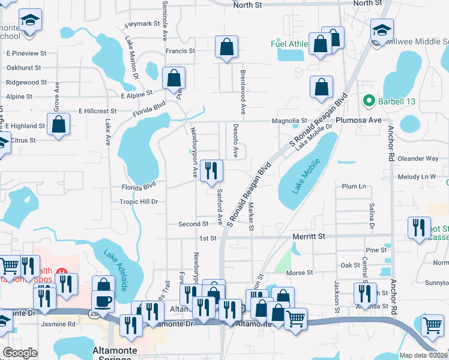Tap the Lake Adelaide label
pyautogui.click(x=115, y=269)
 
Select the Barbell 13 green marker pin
pyautogui.click(x=369, y=101)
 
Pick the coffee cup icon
pyautogui.click(x=103, y=301)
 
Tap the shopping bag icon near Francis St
pyautogui.click(x=226, y=47)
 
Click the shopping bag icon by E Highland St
pyautogui.click(x=59, y=125)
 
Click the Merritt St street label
pyautogui.click(x=309, y=237)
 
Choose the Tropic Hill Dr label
pyautogui.click(x=138, y=202)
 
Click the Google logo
pyautogui.click(x=20, y=353)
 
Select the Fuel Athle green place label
pyautogui.click(x=288, y=43)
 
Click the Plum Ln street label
pyautogui.click(x=354, y=187)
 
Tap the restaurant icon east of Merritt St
pyautogui.click(x=419, y=227)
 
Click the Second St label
pyautogui.click(x=193, y=224)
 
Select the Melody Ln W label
pyautogui.click(x=416, y=177)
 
